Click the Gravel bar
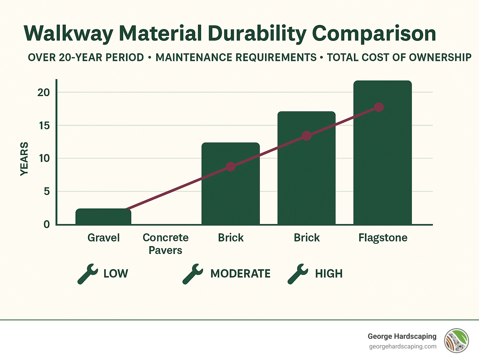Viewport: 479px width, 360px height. click(x=103, y=216)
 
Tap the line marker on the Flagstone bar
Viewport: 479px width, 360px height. click(x=379, y=107)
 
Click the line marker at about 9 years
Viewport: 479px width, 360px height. click(x=230, y=167)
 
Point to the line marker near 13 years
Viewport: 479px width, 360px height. click(x=307, y=136)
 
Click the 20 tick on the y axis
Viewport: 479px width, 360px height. click(x=44, y=92)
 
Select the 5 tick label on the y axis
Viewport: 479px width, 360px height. click(x=47, y=191)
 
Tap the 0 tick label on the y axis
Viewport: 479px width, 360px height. click(x=47, y=224)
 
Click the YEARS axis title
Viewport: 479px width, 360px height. click(x=24, y=159)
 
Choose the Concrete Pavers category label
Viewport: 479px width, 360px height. click(x=166, y=244)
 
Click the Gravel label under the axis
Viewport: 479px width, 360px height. click(x=104, y=238)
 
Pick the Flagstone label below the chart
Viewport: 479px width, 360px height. click(x=383, y=238)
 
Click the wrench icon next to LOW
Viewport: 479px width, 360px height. click(x=87, y=274)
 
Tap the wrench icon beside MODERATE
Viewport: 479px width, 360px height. click(x=192, y=274)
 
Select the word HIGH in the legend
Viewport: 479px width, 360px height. click(x=329, y=274)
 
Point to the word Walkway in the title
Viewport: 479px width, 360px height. click(x=68, y=33)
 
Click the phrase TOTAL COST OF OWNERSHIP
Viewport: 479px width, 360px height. click(x=399, y=57)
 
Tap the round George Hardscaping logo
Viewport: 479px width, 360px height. click(x=457, y=341)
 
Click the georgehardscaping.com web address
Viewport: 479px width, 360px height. click(x=403, y=347)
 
